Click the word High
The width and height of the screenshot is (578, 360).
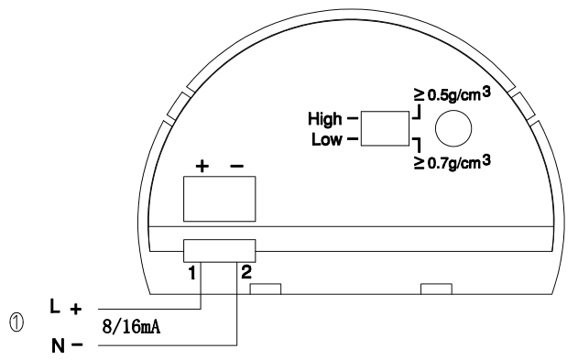[x=325, y=119]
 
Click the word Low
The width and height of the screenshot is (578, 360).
[x=327, y=139]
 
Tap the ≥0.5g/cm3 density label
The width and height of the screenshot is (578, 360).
[x=453, y=94]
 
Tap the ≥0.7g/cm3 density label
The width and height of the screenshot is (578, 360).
[x=453, y=162]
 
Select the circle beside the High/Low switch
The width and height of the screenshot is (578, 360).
[x=453, y=128]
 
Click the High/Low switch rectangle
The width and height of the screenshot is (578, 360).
[x=385, y=128]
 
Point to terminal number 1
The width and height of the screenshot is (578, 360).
[x=191, y=273]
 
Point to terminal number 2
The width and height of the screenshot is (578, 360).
[x=246, y=272]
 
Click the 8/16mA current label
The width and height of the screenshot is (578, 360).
[x=131, y=327]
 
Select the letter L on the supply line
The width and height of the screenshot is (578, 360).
[x=55, y=306]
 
